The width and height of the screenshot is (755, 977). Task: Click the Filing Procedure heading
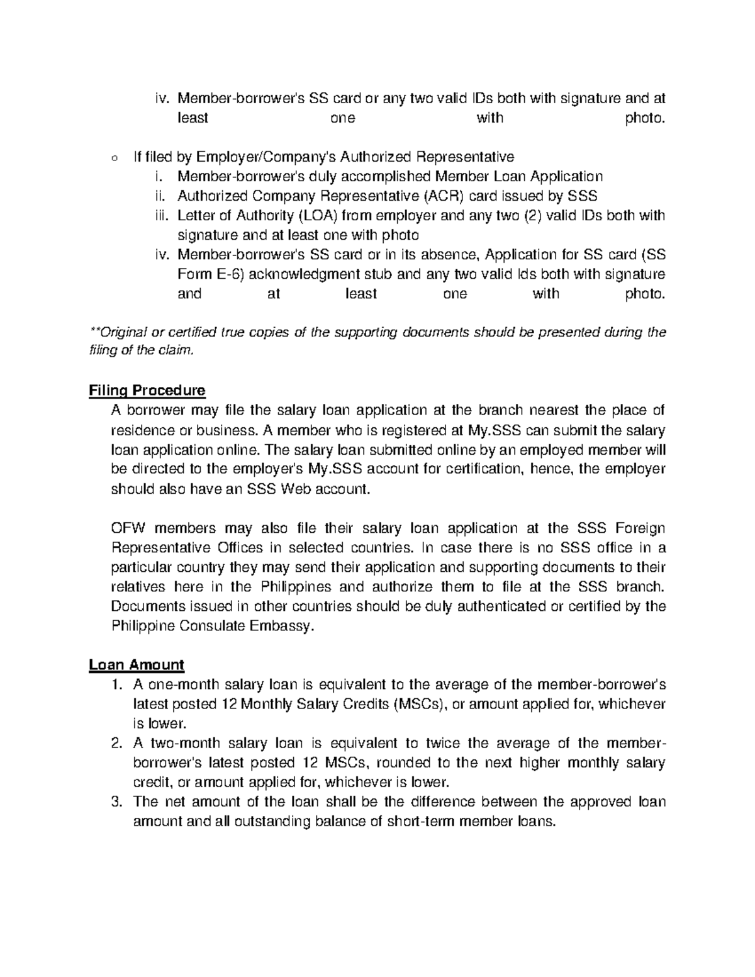[x=147, y=391]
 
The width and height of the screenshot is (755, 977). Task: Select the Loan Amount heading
[x=137, y=665]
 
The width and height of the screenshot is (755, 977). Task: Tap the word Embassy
[x=285, y=626]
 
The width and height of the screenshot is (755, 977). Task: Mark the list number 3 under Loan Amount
[x=115, y=802]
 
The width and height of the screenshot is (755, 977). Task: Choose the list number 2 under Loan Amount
[x=115, y=743]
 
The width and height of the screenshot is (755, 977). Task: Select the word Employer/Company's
[x=253, y=157]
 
